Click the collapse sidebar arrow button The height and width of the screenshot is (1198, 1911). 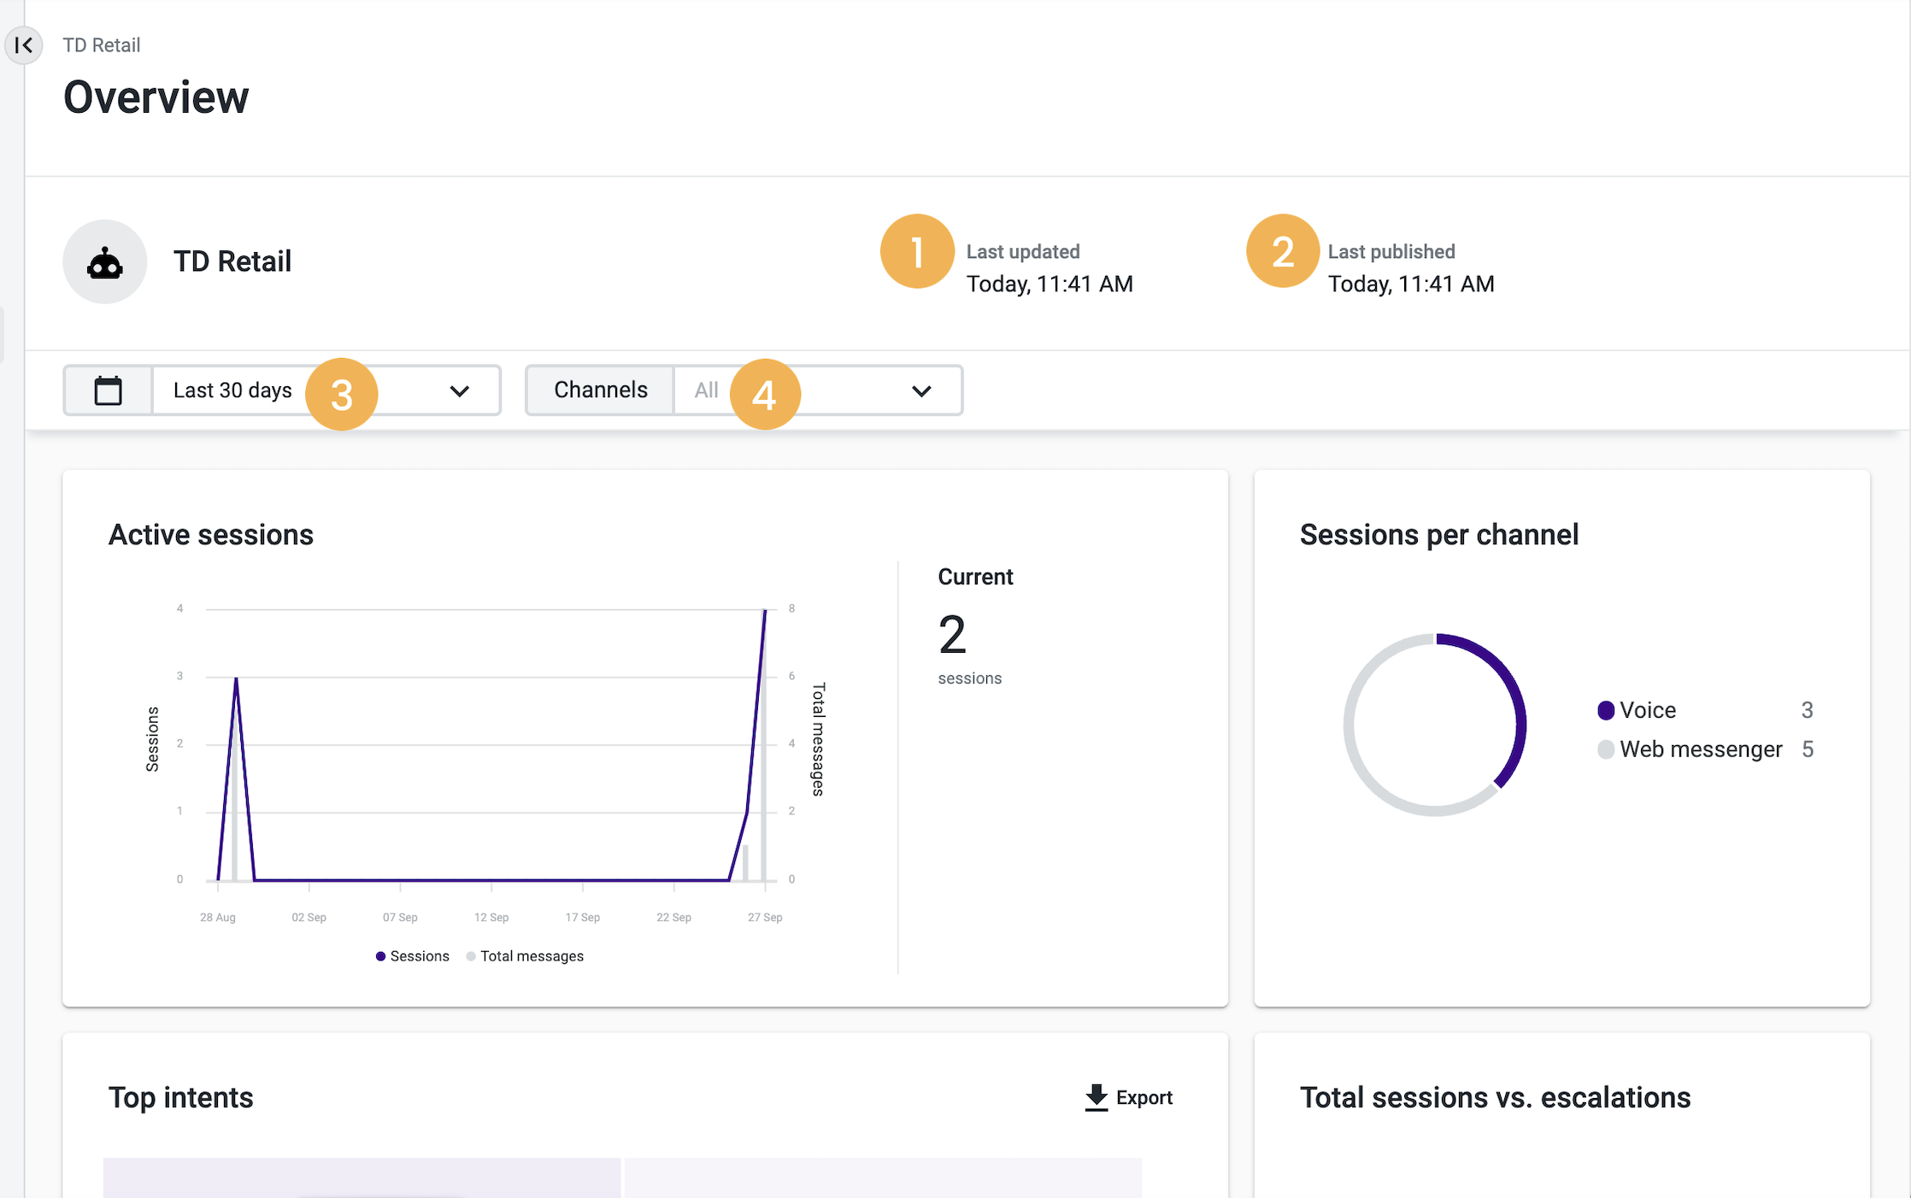coord(24,45)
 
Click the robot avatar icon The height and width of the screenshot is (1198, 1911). coord(105,262)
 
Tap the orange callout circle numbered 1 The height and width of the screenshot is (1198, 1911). coord(917,251)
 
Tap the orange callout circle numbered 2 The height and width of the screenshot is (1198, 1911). coord(1282,251)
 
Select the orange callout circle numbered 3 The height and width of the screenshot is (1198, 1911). coord(342,394)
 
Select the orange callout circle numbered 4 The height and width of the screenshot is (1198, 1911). coord(764,394)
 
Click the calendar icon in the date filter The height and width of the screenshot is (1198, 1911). coord(109,391)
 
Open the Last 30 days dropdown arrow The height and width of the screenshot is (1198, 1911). coord(460,391)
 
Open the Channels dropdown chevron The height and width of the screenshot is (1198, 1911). coord(921,391)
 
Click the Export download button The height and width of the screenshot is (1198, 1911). coord(1129,1097)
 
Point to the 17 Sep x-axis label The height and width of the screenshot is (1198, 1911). coord(582,918)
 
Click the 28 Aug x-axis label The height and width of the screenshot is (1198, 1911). coord(218,918)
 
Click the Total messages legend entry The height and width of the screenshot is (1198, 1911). coord(531,956)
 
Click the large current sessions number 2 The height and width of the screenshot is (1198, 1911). coord(952,636)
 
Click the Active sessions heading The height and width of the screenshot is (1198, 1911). coord(211,535)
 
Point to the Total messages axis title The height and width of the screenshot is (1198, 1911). coord(819,739)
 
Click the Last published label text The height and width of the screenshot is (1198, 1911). coord(1391,252)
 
